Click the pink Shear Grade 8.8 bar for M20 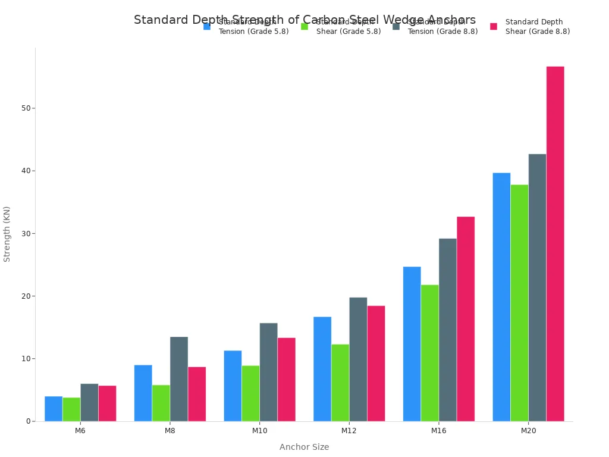555,243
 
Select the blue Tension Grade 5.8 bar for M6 54,409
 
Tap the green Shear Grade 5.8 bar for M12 340,383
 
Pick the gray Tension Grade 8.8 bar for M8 179,379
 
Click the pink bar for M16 466,319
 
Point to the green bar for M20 519,303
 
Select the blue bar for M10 233,386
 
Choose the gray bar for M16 448,330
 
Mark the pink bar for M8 197,394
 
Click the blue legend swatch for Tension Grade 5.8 207,27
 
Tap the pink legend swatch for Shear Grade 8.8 494,27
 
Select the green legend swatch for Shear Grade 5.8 304,27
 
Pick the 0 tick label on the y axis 28,421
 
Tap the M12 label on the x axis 349,430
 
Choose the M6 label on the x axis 80,430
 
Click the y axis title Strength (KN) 7,234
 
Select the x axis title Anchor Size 304,447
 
